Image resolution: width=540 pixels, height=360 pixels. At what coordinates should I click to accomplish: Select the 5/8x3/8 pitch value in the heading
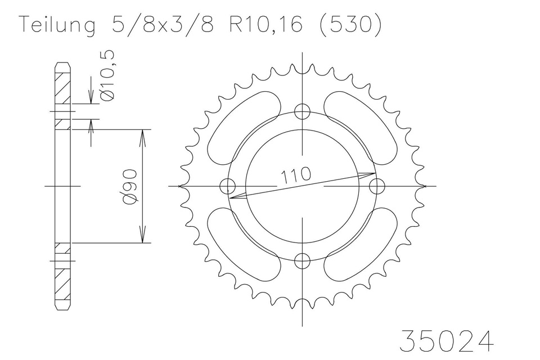tap(163, 24)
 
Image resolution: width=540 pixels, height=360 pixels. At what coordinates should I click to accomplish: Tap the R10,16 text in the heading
tap(267, 25)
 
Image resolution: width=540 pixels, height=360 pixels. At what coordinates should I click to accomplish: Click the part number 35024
tap(446, 340)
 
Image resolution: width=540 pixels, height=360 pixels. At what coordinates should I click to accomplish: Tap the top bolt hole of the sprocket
tap(303, 111)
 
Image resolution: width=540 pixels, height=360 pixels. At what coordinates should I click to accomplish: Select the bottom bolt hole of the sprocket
tap(303, 260)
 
